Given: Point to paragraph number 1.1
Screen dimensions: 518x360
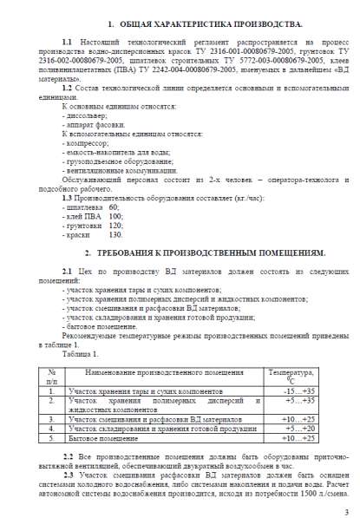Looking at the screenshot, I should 67,43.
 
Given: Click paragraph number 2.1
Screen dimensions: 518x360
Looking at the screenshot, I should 67,272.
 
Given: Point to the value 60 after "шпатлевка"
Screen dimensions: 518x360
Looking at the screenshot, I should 114,207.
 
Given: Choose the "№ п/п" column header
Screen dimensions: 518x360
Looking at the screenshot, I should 51,377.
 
